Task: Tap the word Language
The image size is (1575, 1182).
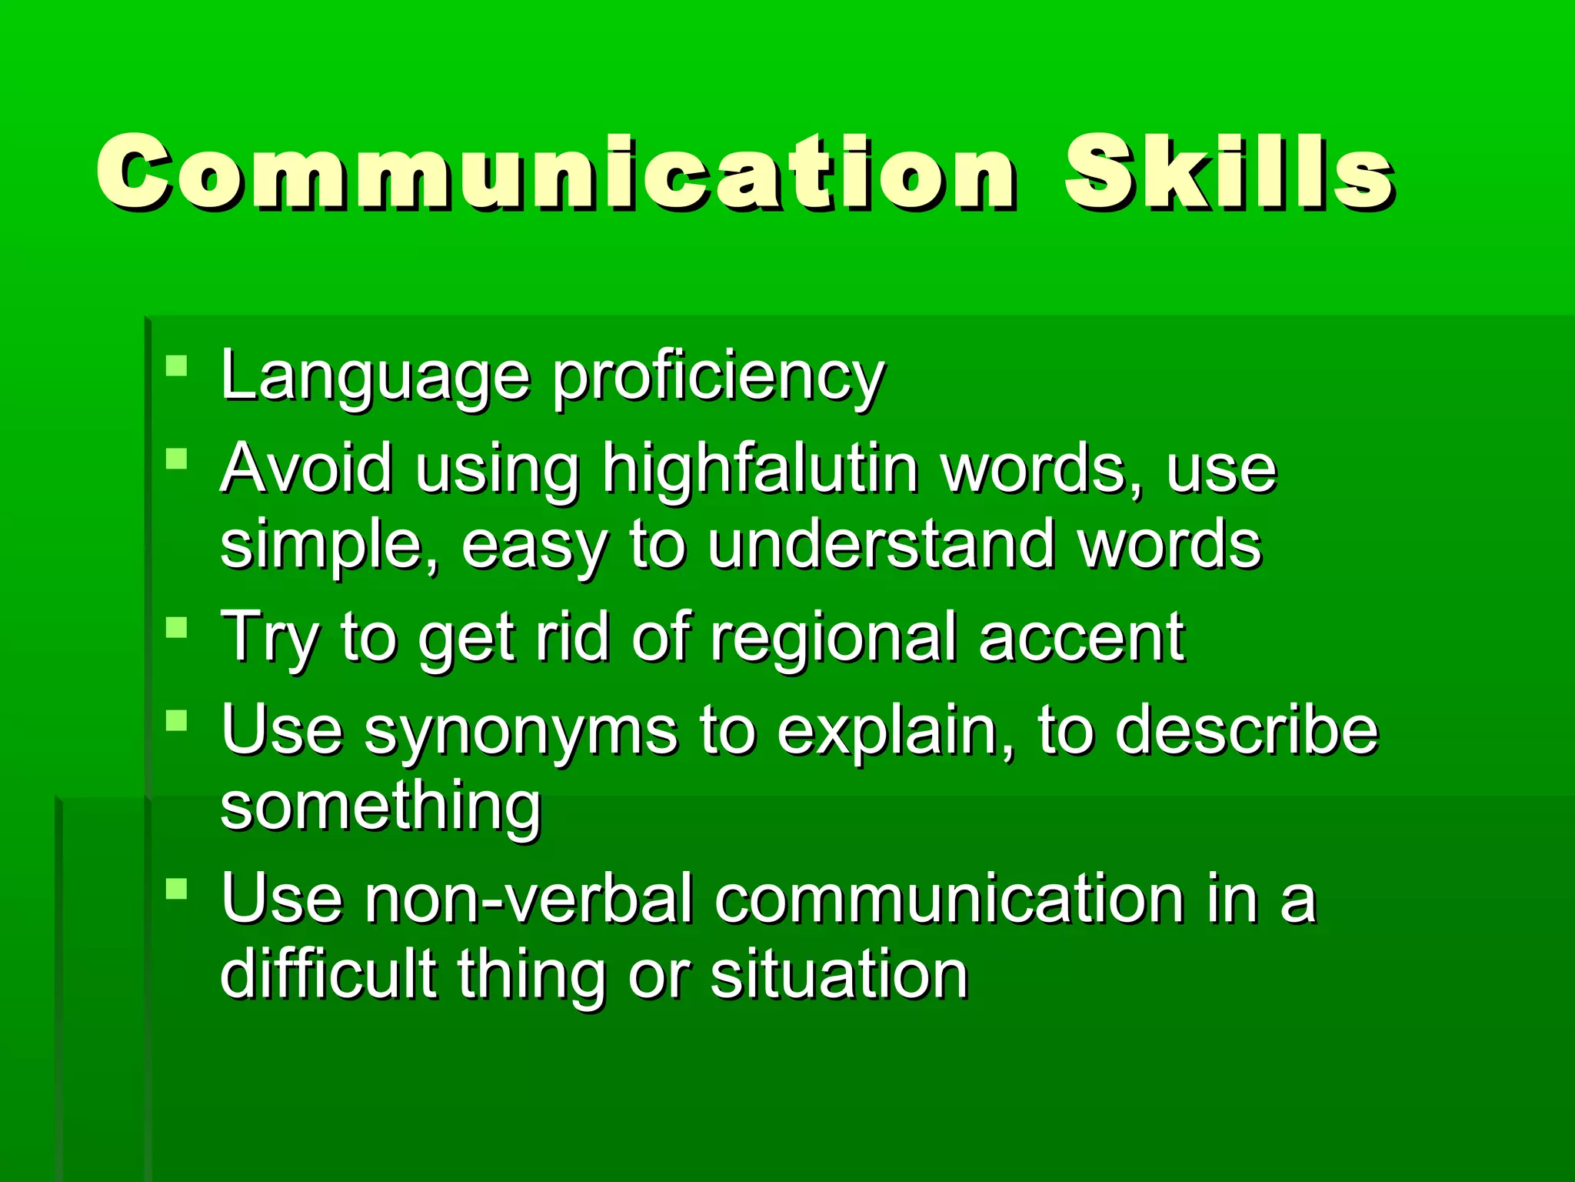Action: (x=375, y=376)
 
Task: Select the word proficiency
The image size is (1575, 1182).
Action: (x=719, y=377)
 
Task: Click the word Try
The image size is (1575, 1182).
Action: (x=269, y=637)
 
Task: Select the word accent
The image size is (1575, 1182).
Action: (x=1081, y=637)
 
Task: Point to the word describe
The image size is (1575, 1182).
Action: (x=1246, y=730)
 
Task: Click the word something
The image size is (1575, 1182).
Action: (x=381, y=806)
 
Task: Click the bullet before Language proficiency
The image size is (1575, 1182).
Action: (x=177, y=365)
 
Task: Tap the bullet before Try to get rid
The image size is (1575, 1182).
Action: (x=177, y=626)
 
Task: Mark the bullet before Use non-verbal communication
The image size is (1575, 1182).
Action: (x=177, y=889)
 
